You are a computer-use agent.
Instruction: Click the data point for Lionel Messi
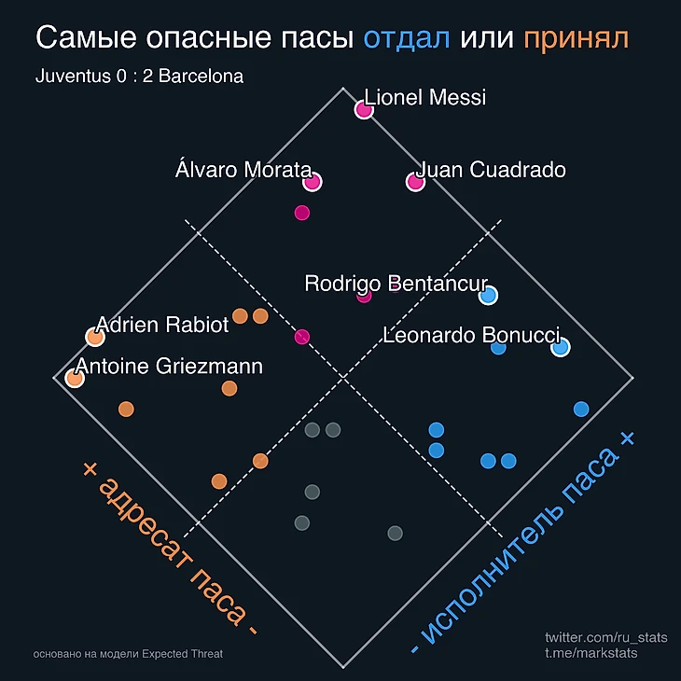364,110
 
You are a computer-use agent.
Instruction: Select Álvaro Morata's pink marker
312,182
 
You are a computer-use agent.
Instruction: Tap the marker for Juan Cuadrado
415,182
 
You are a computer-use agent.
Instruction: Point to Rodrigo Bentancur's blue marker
487,296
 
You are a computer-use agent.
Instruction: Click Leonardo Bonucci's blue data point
560,347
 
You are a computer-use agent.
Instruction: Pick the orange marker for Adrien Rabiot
94,337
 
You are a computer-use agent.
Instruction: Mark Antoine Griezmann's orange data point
74,378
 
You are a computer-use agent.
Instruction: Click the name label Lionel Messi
425,97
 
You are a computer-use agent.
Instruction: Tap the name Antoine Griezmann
170,367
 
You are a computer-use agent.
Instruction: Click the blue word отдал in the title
407,38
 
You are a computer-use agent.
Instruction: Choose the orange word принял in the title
577,38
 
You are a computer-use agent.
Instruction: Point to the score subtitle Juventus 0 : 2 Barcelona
139,76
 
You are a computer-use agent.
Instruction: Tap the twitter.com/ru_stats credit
606,637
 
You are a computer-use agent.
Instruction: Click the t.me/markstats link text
591,653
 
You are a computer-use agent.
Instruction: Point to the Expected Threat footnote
127,654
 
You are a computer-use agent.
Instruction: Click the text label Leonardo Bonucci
471,335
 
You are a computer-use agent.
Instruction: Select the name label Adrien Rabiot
163,325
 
